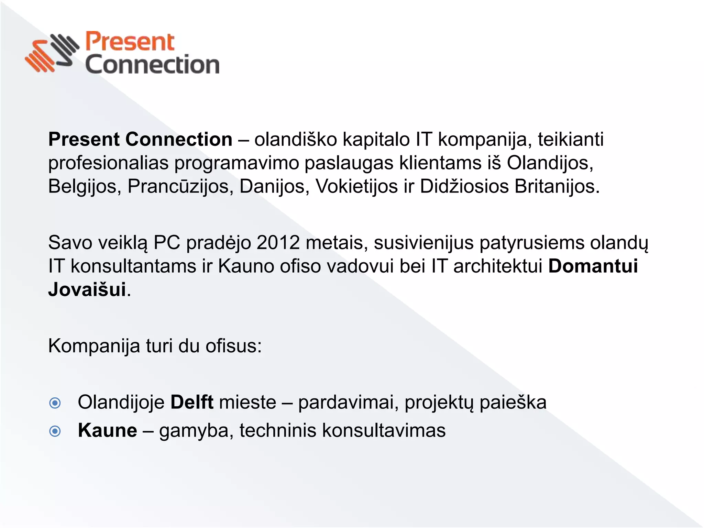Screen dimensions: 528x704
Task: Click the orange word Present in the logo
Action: coord(130,42)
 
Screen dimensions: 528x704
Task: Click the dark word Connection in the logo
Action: coord(152,65)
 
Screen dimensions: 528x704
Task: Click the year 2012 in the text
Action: coord(278,242)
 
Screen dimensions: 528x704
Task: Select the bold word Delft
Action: coord(192,402)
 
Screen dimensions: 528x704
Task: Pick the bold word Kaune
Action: coord(108,430)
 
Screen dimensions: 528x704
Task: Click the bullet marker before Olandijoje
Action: coord(55,403)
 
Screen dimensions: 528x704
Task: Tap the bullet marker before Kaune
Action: coord(55,431)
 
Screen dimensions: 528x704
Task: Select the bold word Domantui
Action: coord(593,266)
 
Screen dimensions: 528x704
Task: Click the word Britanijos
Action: coord(557,187)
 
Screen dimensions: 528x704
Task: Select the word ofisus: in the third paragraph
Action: coord(234,346)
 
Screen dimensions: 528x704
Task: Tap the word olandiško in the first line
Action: coord(296,140)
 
